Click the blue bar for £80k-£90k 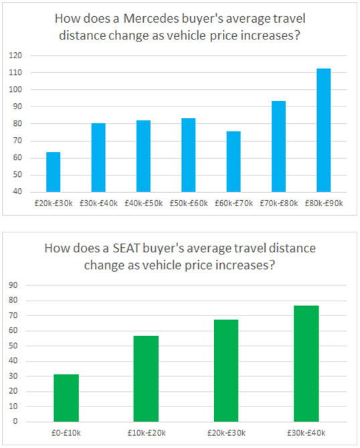(323, 130)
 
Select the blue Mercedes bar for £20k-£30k (54, 172)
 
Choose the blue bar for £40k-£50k (143, 156)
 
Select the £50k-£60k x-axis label (188, 202)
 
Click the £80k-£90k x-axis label (323, 202)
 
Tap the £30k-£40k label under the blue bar (98, 202)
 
